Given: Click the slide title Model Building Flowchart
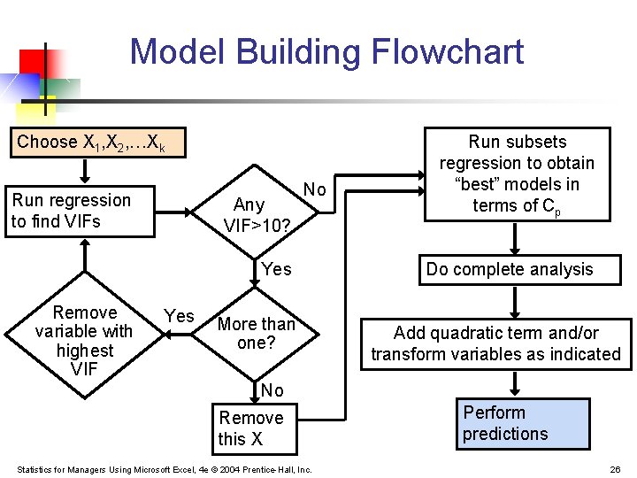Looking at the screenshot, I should coord(326,51).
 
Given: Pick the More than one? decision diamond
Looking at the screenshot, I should coord(256,333).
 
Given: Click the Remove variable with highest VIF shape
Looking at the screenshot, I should coord(84,340).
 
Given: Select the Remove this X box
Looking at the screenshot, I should coord(252,428).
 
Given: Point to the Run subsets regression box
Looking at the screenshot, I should coord(517,173).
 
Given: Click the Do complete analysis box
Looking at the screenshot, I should coord(509,269).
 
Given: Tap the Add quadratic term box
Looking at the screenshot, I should coord(495,343).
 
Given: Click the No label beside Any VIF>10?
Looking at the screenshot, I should coord(314,189).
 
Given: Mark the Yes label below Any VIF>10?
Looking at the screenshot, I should coord(276,269).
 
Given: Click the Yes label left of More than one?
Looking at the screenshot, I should coord(180,316).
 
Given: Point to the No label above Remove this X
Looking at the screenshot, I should coord(272,390).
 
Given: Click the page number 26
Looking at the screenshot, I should coord(615,469).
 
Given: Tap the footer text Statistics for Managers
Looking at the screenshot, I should coord(164,469).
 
